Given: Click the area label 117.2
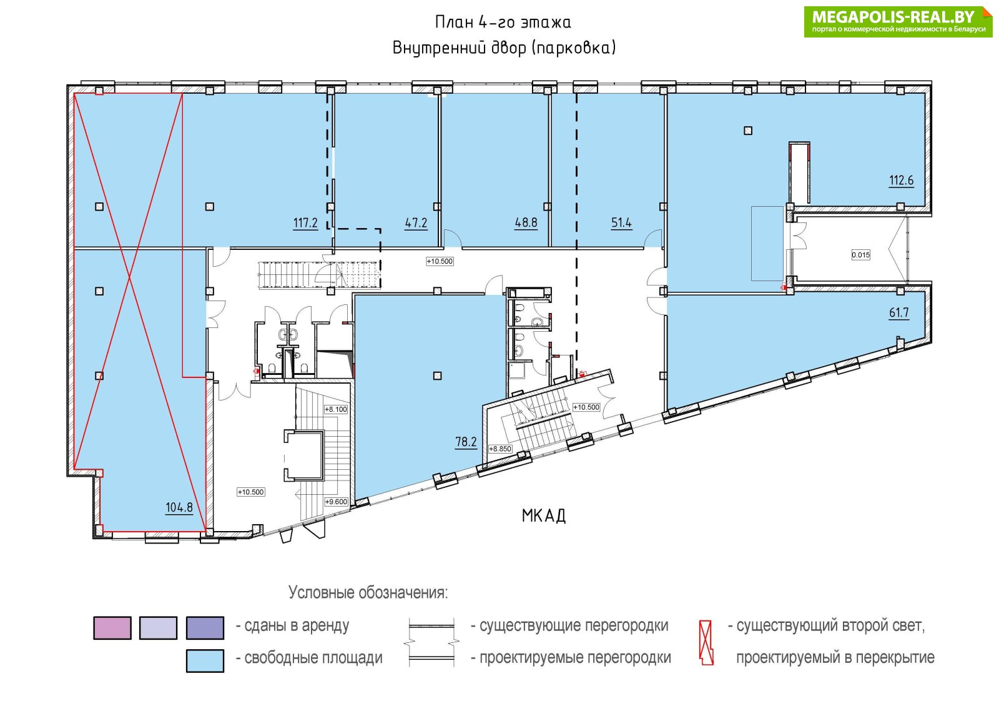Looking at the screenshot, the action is pyautogui.click(x=305, y=222).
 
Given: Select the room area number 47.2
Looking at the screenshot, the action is pyautogui.click(x=416, y=222).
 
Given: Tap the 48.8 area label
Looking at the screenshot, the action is pyautogui.click(x=526, y=222).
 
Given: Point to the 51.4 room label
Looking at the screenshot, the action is pyautogui.click(x=621, y=222).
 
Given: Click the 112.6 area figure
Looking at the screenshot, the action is pyautogui.click(x=902, y=181).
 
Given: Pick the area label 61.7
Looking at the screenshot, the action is pyautogui.click(x=899, y=313).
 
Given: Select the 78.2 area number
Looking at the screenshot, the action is pyautogui.click(x=466, y=442).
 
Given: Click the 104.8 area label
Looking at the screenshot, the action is pyautogui.click(x=179, y=508).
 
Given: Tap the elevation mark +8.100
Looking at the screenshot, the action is pyautogui.click(x=336, y=409).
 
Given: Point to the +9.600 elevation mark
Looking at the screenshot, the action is pyautogui.click(x=336, y=502).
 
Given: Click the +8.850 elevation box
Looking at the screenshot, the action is pyautogui.click(x=500, y=449).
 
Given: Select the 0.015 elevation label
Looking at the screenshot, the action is pyautogui.click(x=861, y=256).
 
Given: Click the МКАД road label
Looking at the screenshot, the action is pyautogui.click(x=544, y=516).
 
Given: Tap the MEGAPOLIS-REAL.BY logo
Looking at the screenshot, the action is pyautogui.click(x=898, y=21).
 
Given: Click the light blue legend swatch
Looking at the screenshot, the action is pyautogui.click(x=205, y=660).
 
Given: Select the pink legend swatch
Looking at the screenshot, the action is pyautogui.click(x=112, y=628).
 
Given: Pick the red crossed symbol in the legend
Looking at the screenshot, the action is pyautogui.click(x=706, y=643).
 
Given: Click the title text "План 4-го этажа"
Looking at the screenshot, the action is pyautogui.click(x=503, y=22).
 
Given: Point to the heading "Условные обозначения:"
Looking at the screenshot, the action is pyautogui.click(x=368, y=593).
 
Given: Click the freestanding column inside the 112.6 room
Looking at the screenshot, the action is pyautogui.click(x=749, y=131).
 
